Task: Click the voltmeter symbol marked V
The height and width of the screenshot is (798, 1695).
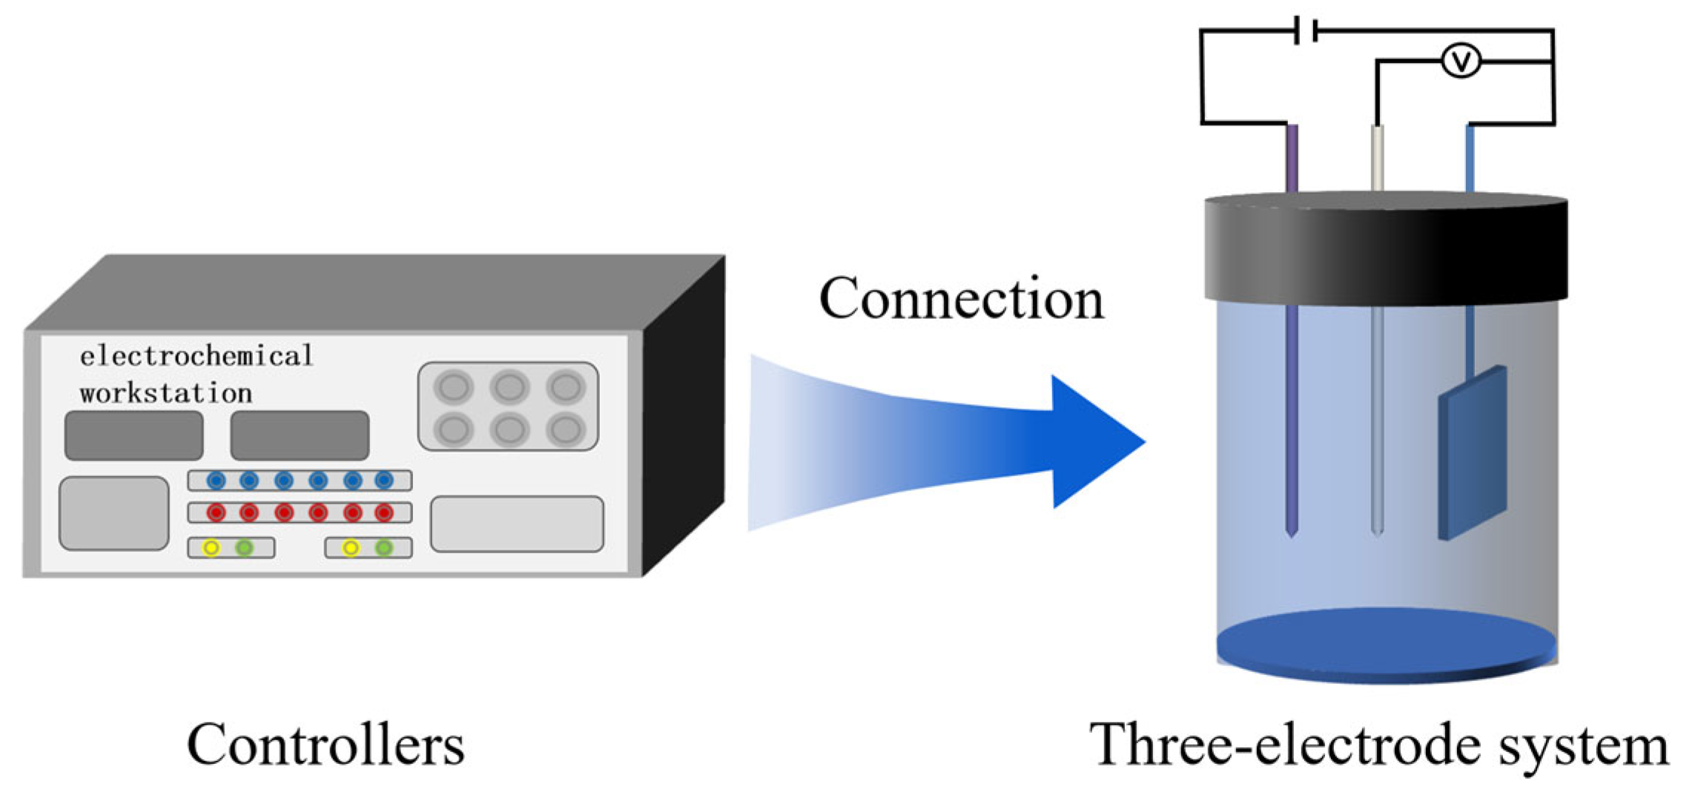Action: [1461, 61]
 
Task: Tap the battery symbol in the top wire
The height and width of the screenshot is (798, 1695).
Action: [1305, 31]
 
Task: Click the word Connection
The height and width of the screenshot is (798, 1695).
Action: [961, 299]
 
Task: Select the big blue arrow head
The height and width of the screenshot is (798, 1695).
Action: [1090, 442]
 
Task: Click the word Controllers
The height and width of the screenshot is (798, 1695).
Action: [326, 745]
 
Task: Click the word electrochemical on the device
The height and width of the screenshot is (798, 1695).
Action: [196, 356]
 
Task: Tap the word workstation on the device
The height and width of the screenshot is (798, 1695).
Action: [166, 393]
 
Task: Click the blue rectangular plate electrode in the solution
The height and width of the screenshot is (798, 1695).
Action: [1472, 452]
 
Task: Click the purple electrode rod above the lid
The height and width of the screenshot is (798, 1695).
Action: [1292, 157]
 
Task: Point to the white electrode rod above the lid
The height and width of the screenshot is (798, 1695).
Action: [1378, 157]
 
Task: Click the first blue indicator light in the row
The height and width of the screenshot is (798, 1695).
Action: [216, 481]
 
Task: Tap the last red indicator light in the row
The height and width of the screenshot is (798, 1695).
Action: [383, 512]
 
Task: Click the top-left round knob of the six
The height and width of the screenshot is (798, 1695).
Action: [453, 386]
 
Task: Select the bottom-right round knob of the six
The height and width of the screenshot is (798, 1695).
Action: [566, 429]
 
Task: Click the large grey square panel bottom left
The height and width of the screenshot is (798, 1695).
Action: [114, 513]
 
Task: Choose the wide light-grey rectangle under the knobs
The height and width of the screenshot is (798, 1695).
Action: [517, 524]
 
